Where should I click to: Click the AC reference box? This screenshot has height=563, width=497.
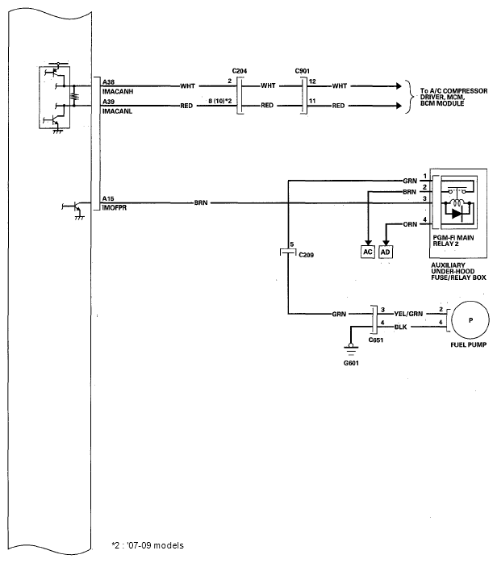[367, 252]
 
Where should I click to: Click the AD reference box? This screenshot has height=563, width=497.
[386, 252]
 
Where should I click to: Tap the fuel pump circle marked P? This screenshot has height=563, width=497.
[470, 320]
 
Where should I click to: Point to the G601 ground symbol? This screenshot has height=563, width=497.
[351, 348]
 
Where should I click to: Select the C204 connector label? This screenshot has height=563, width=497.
[240, 71]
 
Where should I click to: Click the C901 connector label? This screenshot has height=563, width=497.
[302, 71]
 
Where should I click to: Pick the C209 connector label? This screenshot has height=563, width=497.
[306, 255]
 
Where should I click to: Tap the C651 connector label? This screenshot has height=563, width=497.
[376, 340]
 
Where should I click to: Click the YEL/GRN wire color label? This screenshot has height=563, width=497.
[408, 314]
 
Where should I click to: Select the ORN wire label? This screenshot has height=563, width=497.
[410, 224]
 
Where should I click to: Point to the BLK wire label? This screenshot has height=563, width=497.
[400, 327]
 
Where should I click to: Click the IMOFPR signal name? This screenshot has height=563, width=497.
[115, 208]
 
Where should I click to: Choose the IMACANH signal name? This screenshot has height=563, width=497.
[118, 92]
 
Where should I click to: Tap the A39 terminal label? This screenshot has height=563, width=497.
[108, 102]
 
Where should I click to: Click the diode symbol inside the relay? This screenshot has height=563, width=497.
[457, 214]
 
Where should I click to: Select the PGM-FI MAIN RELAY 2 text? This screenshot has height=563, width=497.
[453, 240]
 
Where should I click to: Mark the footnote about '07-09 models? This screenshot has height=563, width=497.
[148, 545]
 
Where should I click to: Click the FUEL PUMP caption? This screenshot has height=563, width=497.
[469, 344]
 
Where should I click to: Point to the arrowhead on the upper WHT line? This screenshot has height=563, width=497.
[399, 86]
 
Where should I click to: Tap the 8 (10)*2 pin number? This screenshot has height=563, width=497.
[220, 102]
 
